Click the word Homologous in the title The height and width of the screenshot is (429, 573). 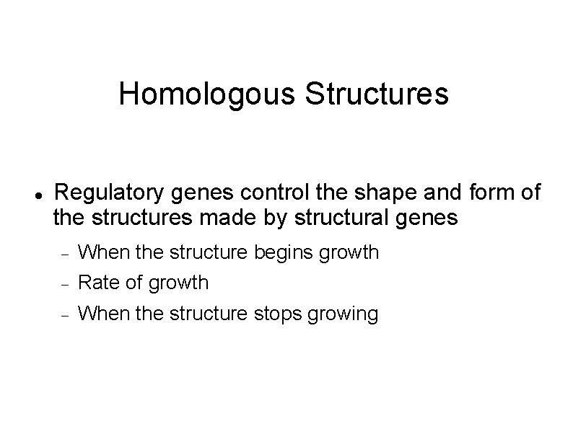tap(208, 94)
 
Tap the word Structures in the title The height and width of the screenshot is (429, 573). tap(377, 94)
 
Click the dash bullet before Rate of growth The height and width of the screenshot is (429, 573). tap(64, 284)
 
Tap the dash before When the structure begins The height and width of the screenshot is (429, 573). tap(64, 254)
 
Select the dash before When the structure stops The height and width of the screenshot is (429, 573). tap(64, 314)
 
